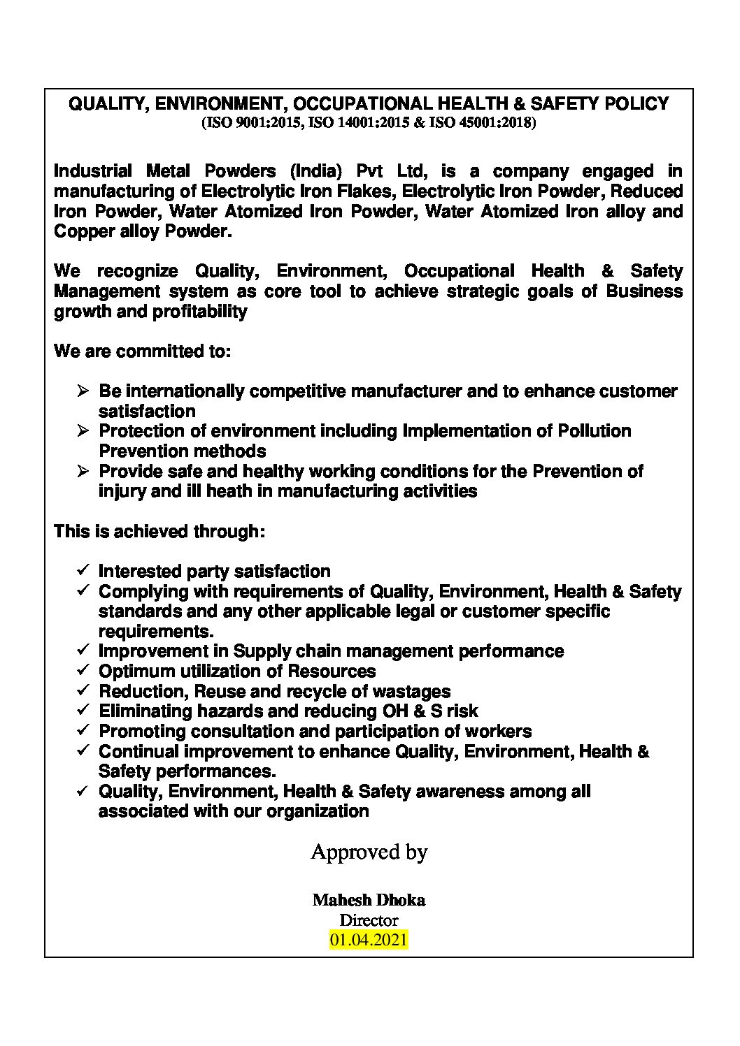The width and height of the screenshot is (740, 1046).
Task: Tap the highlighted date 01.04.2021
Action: pos(369,940)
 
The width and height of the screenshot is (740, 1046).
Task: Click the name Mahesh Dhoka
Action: pos(369,900)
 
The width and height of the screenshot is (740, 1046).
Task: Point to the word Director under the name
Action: pos(369,920)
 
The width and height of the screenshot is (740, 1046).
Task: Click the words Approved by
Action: pos(369,852)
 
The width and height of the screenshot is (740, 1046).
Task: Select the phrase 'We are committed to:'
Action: pos(142,351)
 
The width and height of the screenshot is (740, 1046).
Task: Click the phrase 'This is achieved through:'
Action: pos(159,532)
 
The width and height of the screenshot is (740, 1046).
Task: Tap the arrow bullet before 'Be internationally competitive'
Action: pos(83,391)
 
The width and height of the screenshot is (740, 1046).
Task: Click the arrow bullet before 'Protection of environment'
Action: pos(83,431)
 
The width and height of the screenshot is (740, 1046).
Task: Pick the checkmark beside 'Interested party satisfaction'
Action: pos(83,571)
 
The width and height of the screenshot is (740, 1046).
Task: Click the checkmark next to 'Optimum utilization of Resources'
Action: pos(83,671)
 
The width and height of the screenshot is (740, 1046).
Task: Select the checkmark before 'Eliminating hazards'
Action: pos(83,711)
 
